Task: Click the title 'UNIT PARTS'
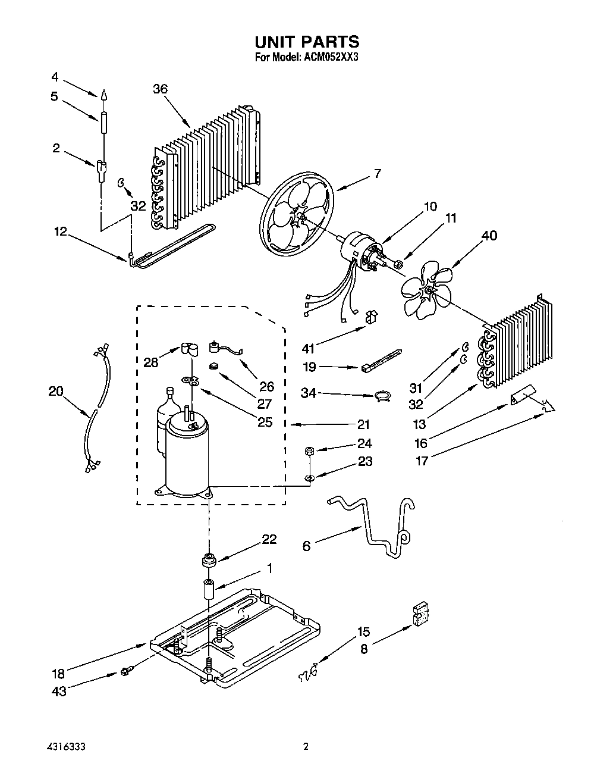pyautogui.click(x=307, y=42)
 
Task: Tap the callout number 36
pyautogui.click(x=160, y=89)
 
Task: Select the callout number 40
pyautogui.click(x=489, y=236)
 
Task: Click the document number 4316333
pyautogui.click(x=71, y=746)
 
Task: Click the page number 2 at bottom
pyautogui.click(x=306, y=746)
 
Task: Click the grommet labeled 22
pyautogui.click(x=209, y=559)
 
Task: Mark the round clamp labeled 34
pyautogui.click(x=384, y=396)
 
